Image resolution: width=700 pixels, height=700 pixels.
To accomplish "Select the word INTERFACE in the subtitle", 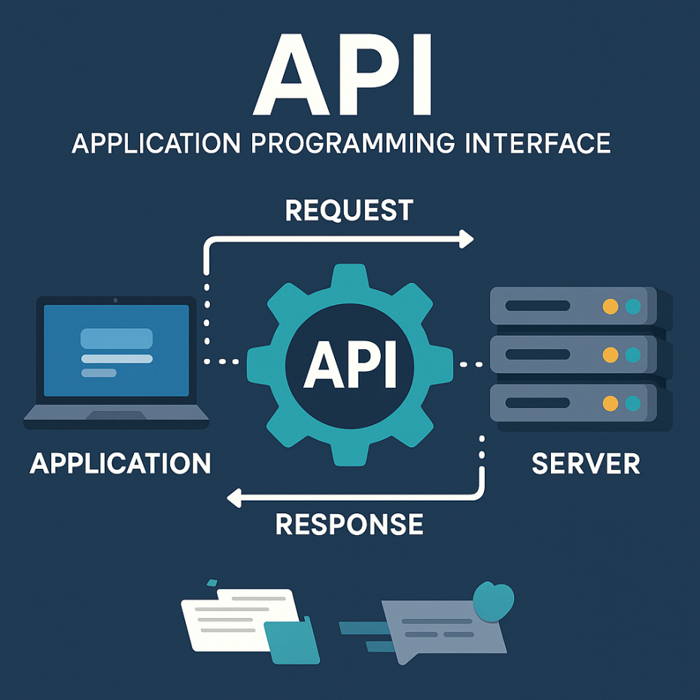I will point(535,142).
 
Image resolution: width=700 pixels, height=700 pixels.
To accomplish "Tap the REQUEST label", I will point(349,210).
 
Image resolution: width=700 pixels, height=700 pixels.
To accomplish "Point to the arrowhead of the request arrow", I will point(467,239).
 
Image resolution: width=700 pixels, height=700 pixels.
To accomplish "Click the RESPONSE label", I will point(349,524).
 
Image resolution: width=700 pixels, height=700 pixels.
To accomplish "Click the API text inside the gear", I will point(349,364).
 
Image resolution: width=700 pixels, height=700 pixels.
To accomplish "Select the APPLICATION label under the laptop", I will point(120,463).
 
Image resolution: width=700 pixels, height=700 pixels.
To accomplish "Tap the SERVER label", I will point(586,463).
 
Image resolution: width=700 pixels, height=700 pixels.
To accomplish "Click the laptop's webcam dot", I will point(115,300).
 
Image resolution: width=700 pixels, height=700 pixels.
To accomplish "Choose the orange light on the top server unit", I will point(611,306).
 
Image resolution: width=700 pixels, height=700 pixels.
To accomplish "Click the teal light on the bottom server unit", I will point(633,403).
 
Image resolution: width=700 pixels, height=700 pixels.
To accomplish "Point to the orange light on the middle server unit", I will point(611,355).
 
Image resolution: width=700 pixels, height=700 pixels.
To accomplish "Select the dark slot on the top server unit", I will point(537,306).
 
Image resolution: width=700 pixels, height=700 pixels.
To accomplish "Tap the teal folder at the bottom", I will point(294,641).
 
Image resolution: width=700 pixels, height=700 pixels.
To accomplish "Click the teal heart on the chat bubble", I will point(494,600).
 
